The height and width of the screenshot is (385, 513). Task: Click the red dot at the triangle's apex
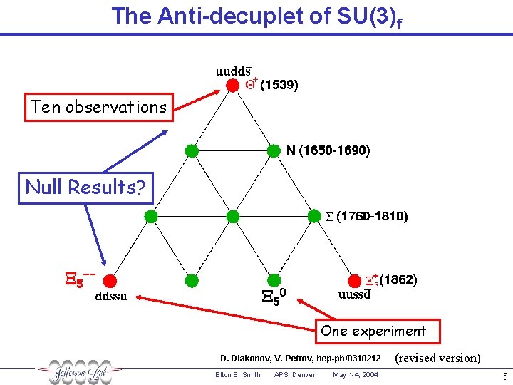(x=232, y=85)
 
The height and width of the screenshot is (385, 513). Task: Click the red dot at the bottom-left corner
(x=109, y=280)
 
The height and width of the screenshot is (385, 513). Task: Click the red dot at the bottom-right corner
(x=355, y=280)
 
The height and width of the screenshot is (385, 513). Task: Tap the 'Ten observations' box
(x=99, y=108)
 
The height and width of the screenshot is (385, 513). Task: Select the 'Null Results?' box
(x=85, y=188)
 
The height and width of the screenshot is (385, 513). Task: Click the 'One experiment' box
(x=373, y=331)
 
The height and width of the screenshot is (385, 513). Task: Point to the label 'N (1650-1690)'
(x=328, y=151)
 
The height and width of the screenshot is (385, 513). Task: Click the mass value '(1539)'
(x=279, y=86)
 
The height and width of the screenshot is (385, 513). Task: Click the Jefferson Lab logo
(x=79, y=371)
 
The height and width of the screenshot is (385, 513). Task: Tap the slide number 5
(x=504, y=375)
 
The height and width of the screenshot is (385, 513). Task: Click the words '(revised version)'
(x=437, y=358)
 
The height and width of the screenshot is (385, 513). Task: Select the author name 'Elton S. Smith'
(x=237, y=375)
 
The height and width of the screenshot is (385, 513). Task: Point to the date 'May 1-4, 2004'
(x=356, y=375)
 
